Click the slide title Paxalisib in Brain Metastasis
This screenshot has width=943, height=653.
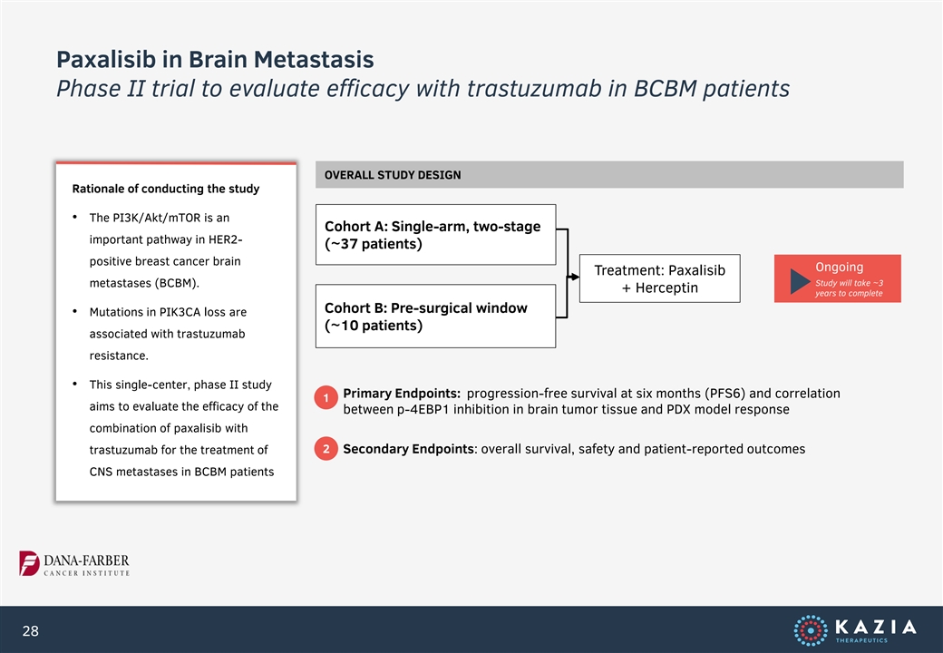point(215,60)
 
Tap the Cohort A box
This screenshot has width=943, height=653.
point(435,235)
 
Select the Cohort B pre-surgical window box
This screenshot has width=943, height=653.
point(435,317)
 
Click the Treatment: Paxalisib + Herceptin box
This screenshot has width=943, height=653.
point(660,278)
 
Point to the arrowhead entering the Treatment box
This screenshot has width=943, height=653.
point(575,278)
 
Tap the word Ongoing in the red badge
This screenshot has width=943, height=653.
point(839,267)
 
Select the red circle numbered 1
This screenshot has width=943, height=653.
point(326,397)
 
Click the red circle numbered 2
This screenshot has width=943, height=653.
point(326,449)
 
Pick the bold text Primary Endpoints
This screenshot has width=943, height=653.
point(402,394)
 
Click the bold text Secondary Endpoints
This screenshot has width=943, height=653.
point(409,449)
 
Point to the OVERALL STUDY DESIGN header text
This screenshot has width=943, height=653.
point(393,175)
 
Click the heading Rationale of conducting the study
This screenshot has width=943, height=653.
point(166,189)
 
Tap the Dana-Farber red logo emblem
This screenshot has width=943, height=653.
point(29,563)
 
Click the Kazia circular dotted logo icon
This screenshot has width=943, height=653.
point(810,630)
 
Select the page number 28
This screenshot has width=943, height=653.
point(30,630)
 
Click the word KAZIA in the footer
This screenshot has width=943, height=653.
point(876,627)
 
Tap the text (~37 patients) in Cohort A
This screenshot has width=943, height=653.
point(374,244)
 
